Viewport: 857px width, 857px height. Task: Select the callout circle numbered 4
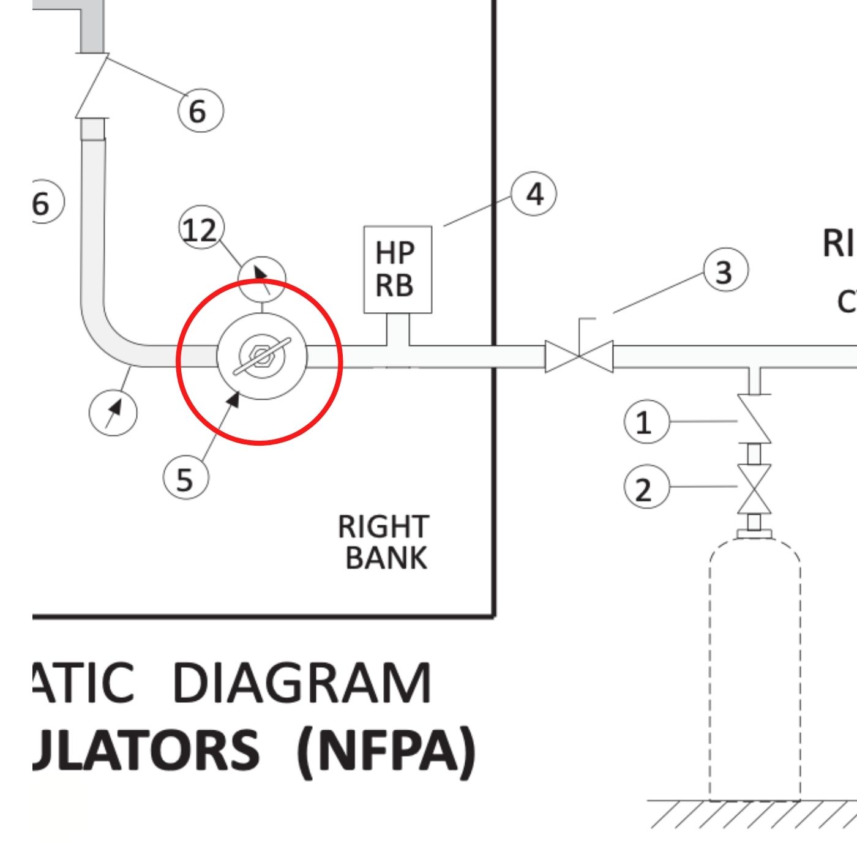(x=534, y=194)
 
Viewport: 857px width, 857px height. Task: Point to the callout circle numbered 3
(x=725, y=271)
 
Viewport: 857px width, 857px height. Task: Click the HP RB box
(x=397, y=269)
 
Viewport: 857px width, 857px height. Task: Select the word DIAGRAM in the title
(x=302, y=683)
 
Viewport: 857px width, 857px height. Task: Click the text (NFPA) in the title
(x=386, y=750)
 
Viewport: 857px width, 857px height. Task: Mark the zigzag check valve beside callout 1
(x=754, y=419)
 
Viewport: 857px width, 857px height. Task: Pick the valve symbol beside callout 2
(x=754, y=488)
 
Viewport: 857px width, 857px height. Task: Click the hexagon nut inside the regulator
(x=261, y=357)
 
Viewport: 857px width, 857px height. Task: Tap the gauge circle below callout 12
(x=261, y=279)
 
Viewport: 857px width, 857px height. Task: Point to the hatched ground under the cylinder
(x=753, y=814)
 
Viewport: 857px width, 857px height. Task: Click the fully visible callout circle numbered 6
(x=200, y=110)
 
